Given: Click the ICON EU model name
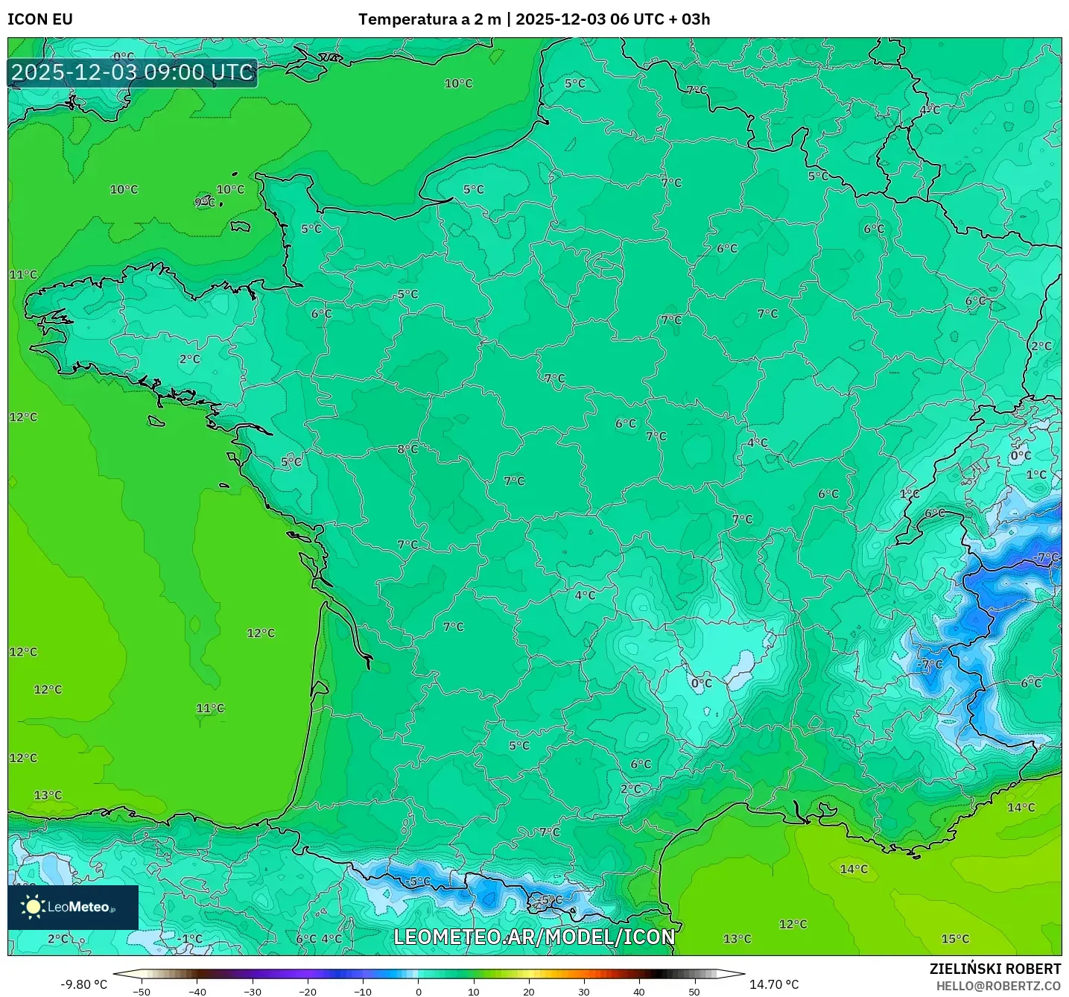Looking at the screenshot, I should click(40, 19).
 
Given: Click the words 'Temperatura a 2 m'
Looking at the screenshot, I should click(429, 19).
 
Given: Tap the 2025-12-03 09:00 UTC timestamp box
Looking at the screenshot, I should click(133, 73).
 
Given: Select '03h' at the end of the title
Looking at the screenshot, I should click(696, 19).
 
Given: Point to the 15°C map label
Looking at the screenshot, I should click(955, 939).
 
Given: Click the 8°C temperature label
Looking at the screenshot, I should click(407, 449).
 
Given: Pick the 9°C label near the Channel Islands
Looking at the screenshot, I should click(205, 203).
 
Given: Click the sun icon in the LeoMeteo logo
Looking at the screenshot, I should click(33, 907).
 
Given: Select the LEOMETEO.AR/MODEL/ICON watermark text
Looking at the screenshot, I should click(534, 937).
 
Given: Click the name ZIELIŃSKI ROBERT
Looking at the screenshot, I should click(995, 969).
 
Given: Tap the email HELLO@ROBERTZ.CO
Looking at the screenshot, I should click(998, 986).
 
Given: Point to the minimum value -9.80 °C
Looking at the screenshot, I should click(83, 984).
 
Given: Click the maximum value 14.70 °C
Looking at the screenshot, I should click(774, 984).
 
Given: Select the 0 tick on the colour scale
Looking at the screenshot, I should click(419, 991).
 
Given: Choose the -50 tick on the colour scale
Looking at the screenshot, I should click(141, 991).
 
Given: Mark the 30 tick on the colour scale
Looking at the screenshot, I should click(584, 991).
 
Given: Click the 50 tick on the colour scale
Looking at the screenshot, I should click(694, 991).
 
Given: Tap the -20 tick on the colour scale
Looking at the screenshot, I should click(307, 991).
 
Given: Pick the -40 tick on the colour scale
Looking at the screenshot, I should click(197, 991).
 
